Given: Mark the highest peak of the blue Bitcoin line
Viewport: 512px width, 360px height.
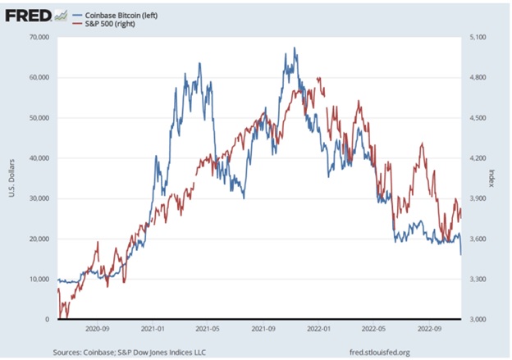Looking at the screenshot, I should pos(295,48).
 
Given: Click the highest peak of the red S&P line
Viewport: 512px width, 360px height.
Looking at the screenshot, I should pos(318,79).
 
